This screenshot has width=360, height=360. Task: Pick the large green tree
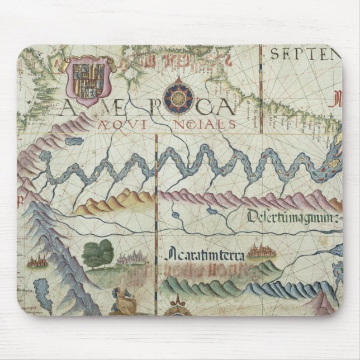(x=98, y=253)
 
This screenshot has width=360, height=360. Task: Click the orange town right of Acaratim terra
(x=260, y=252)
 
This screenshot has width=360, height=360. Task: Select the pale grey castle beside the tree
(x=130, y=258)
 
